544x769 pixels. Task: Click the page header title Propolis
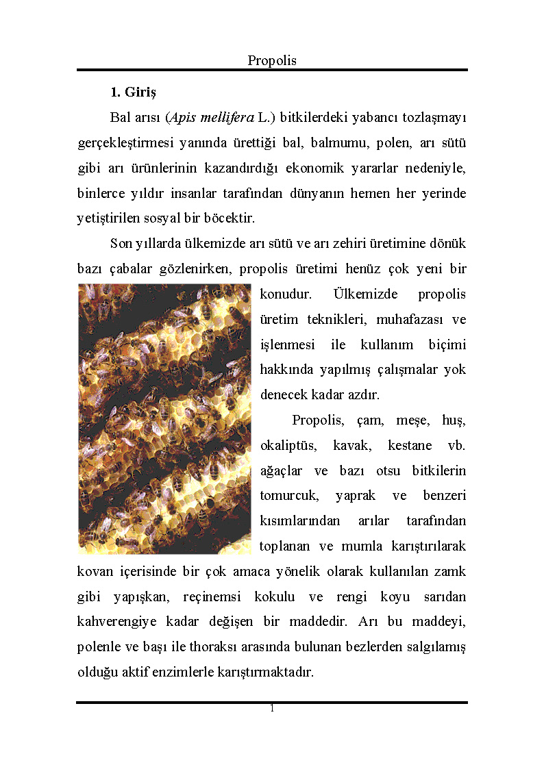tap(272, 60)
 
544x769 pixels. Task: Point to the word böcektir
tap(225, 219)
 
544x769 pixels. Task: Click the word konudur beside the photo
tap(286, 294)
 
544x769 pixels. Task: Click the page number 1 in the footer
tap(272, 709)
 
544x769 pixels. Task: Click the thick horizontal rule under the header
tap(272, 70)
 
